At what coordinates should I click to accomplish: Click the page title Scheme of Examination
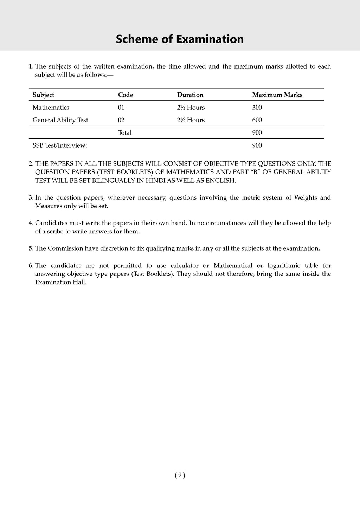click(x=180, y=39)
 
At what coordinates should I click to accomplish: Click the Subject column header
click(x=43, y=95)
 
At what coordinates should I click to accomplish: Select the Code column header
click(x=126, y=95)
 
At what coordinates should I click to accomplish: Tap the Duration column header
click(x=190, y=95)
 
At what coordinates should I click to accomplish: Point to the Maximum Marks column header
click(x=277, y=95)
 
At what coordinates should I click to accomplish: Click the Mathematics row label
click(x=51, y=108)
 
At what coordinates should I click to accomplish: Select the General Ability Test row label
click(x=60, y=120)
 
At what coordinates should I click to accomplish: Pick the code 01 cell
click(x=121, y=108)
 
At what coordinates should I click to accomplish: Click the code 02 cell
click(x=121, y=120)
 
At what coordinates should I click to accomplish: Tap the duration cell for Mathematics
click(x=191, y=108)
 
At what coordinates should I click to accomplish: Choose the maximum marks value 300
click(x=257, y=108)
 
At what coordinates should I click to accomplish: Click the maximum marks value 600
click(x=257, y=120)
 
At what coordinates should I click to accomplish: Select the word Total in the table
click(x=125, y=133)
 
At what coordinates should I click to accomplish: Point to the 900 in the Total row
click(x=257, y=133)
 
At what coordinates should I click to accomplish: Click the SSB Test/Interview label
click(x=60, y=145)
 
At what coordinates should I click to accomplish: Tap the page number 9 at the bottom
click(x=180, y=475)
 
